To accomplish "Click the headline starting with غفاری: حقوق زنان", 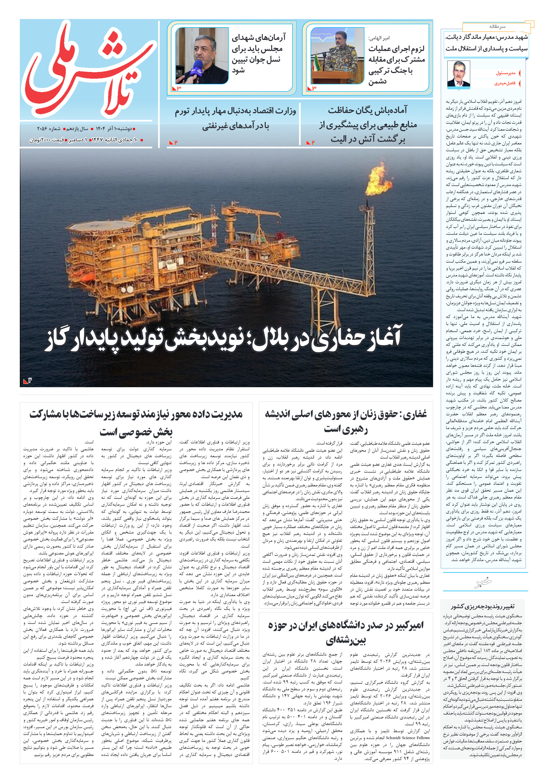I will [346, 421].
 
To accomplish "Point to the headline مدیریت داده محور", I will [136, 422].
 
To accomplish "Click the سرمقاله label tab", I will [497, 26].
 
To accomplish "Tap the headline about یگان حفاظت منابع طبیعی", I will [368, 125].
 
